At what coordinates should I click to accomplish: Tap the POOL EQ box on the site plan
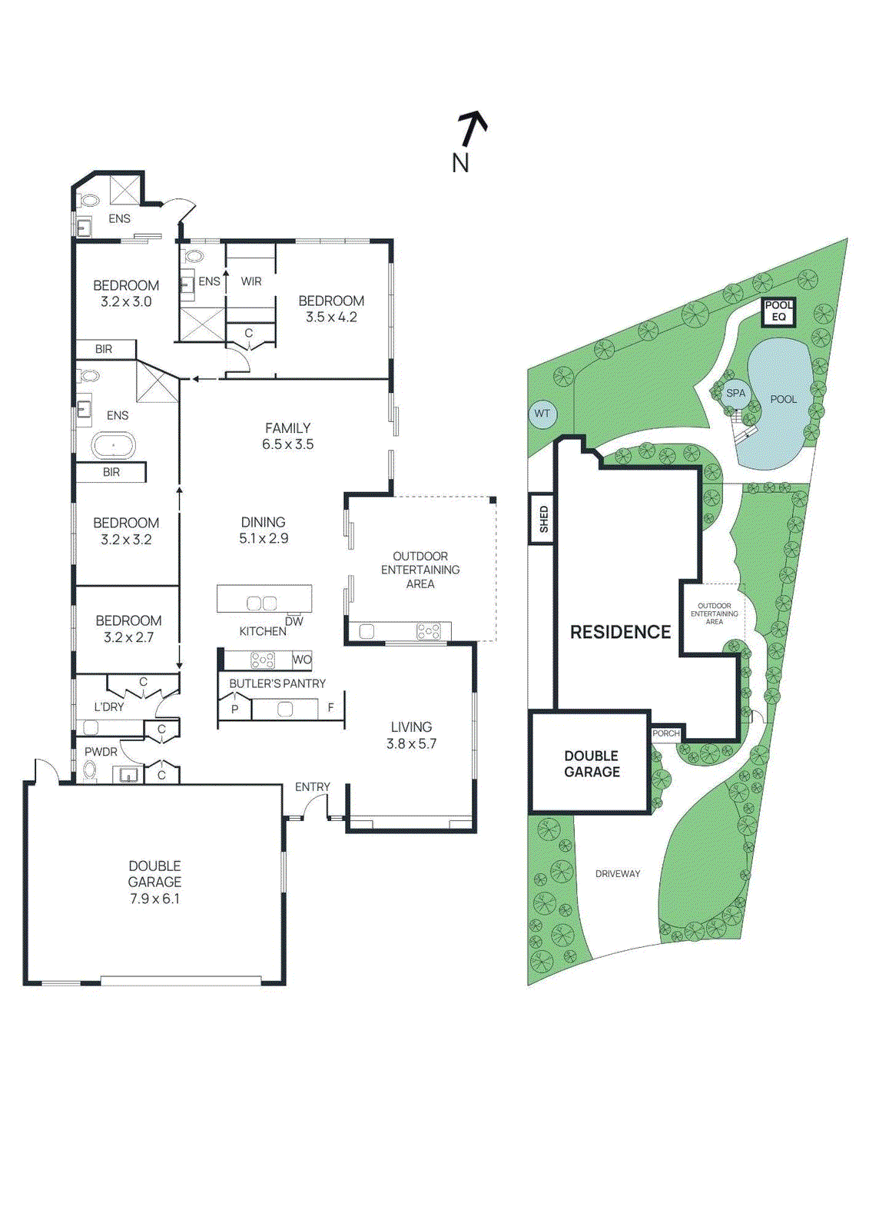778,311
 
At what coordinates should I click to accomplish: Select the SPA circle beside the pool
735,393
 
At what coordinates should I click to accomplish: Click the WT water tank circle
542,414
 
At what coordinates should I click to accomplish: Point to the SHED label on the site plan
543,519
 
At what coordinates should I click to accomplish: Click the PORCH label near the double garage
665,733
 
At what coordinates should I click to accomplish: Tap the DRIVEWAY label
617,874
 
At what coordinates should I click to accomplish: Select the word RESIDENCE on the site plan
620,632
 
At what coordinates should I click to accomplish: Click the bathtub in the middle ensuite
113,446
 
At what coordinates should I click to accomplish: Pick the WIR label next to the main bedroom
251,281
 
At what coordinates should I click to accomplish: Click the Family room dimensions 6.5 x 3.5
287,444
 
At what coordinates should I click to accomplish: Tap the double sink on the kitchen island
261,603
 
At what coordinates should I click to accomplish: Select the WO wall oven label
302,660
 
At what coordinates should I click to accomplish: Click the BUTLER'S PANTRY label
277,683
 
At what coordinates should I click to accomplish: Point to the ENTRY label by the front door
312,787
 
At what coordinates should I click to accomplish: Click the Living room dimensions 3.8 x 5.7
411,743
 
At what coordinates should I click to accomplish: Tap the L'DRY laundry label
108,706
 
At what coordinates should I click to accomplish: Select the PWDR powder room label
101,752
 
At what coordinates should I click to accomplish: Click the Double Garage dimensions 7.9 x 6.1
154,898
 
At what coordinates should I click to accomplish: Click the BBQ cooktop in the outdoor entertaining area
428,632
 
